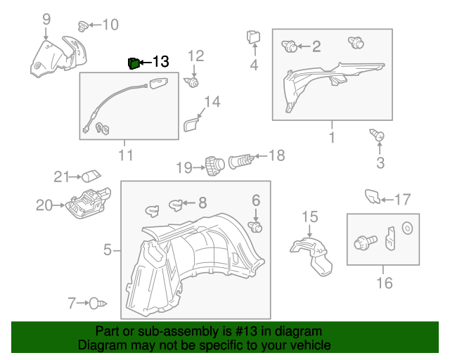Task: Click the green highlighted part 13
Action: pyautogui.click(x=133, y=64)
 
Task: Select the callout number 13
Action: pyautogui.click(x=160, y=63)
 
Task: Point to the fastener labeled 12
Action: pyautogui.click(x=192, y=83)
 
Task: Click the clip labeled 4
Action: pyautogui.click(x=254, y=37)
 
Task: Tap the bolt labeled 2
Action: pyautogui.click(x=289, y=47)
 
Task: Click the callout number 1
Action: pyautogui.click(x=332, y=133)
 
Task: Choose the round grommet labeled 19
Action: pyautogui.click(x=214, y=166)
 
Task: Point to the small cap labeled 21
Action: pyautogui.click(x=91, y=176)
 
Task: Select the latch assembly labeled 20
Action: pyautogui.click(x=85, y=204)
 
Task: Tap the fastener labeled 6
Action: pyautogui.click(x=256, y=226)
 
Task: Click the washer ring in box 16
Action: pyautogui.click(x=407, y=228)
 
